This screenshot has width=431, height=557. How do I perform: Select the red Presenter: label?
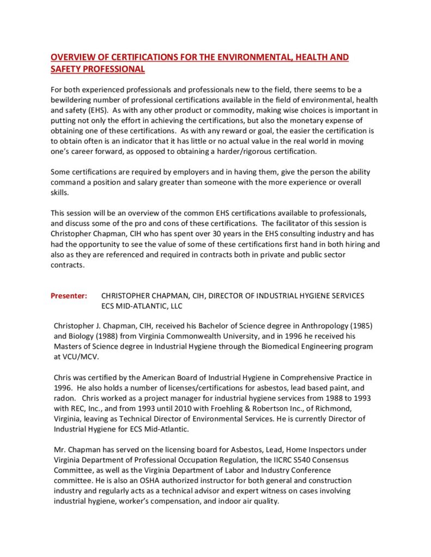click(69, 296)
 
